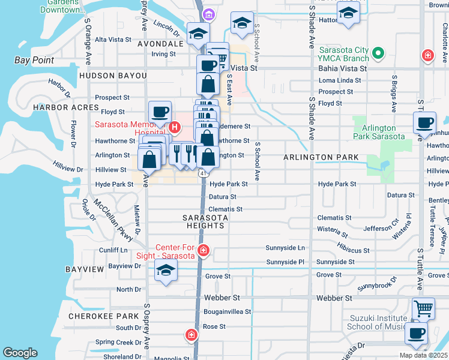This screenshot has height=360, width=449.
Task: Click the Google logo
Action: click(x=20, y=353)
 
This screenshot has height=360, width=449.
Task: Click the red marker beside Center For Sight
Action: click(x=203, y=250)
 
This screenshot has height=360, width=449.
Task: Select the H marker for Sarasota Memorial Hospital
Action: click(x=175, y=127)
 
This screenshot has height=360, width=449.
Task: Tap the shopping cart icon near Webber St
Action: click(x=424, y=308)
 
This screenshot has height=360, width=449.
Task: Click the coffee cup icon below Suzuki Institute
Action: click(x=416, y=334)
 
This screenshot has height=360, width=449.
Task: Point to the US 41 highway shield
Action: click(x=202, y=173)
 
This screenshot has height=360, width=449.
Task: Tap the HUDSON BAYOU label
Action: click(x=112, y=76)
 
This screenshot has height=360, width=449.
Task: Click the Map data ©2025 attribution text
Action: click(x=423, y=355)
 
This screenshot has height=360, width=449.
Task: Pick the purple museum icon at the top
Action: click(x=208, y=14)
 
